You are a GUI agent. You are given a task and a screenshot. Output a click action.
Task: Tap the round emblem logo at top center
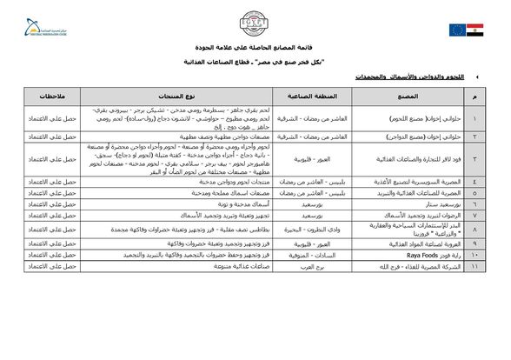pyautogui.click(x=255, y=23)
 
